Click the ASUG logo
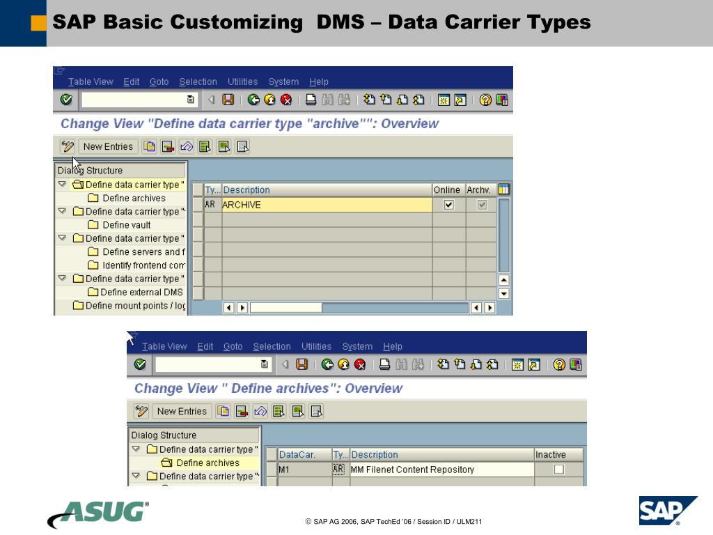click(x=98, y=514)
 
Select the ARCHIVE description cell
click(x=326, y=205)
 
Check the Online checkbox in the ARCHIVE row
click(x=448, y=205)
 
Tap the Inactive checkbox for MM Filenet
click(x=558, y=470)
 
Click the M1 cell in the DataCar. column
click(x=304, y=470)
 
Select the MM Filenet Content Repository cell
click(x=412, y=470)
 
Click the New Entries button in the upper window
click(x=108, y=146)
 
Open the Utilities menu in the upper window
click(x=242, y=82)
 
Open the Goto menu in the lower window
click(x=233, y=346)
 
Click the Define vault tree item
click(x=126, y=225)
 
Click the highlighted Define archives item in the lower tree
click(x=207, y=463)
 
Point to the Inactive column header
click(x=550, y=455)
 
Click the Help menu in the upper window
click(x=319, y=82)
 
